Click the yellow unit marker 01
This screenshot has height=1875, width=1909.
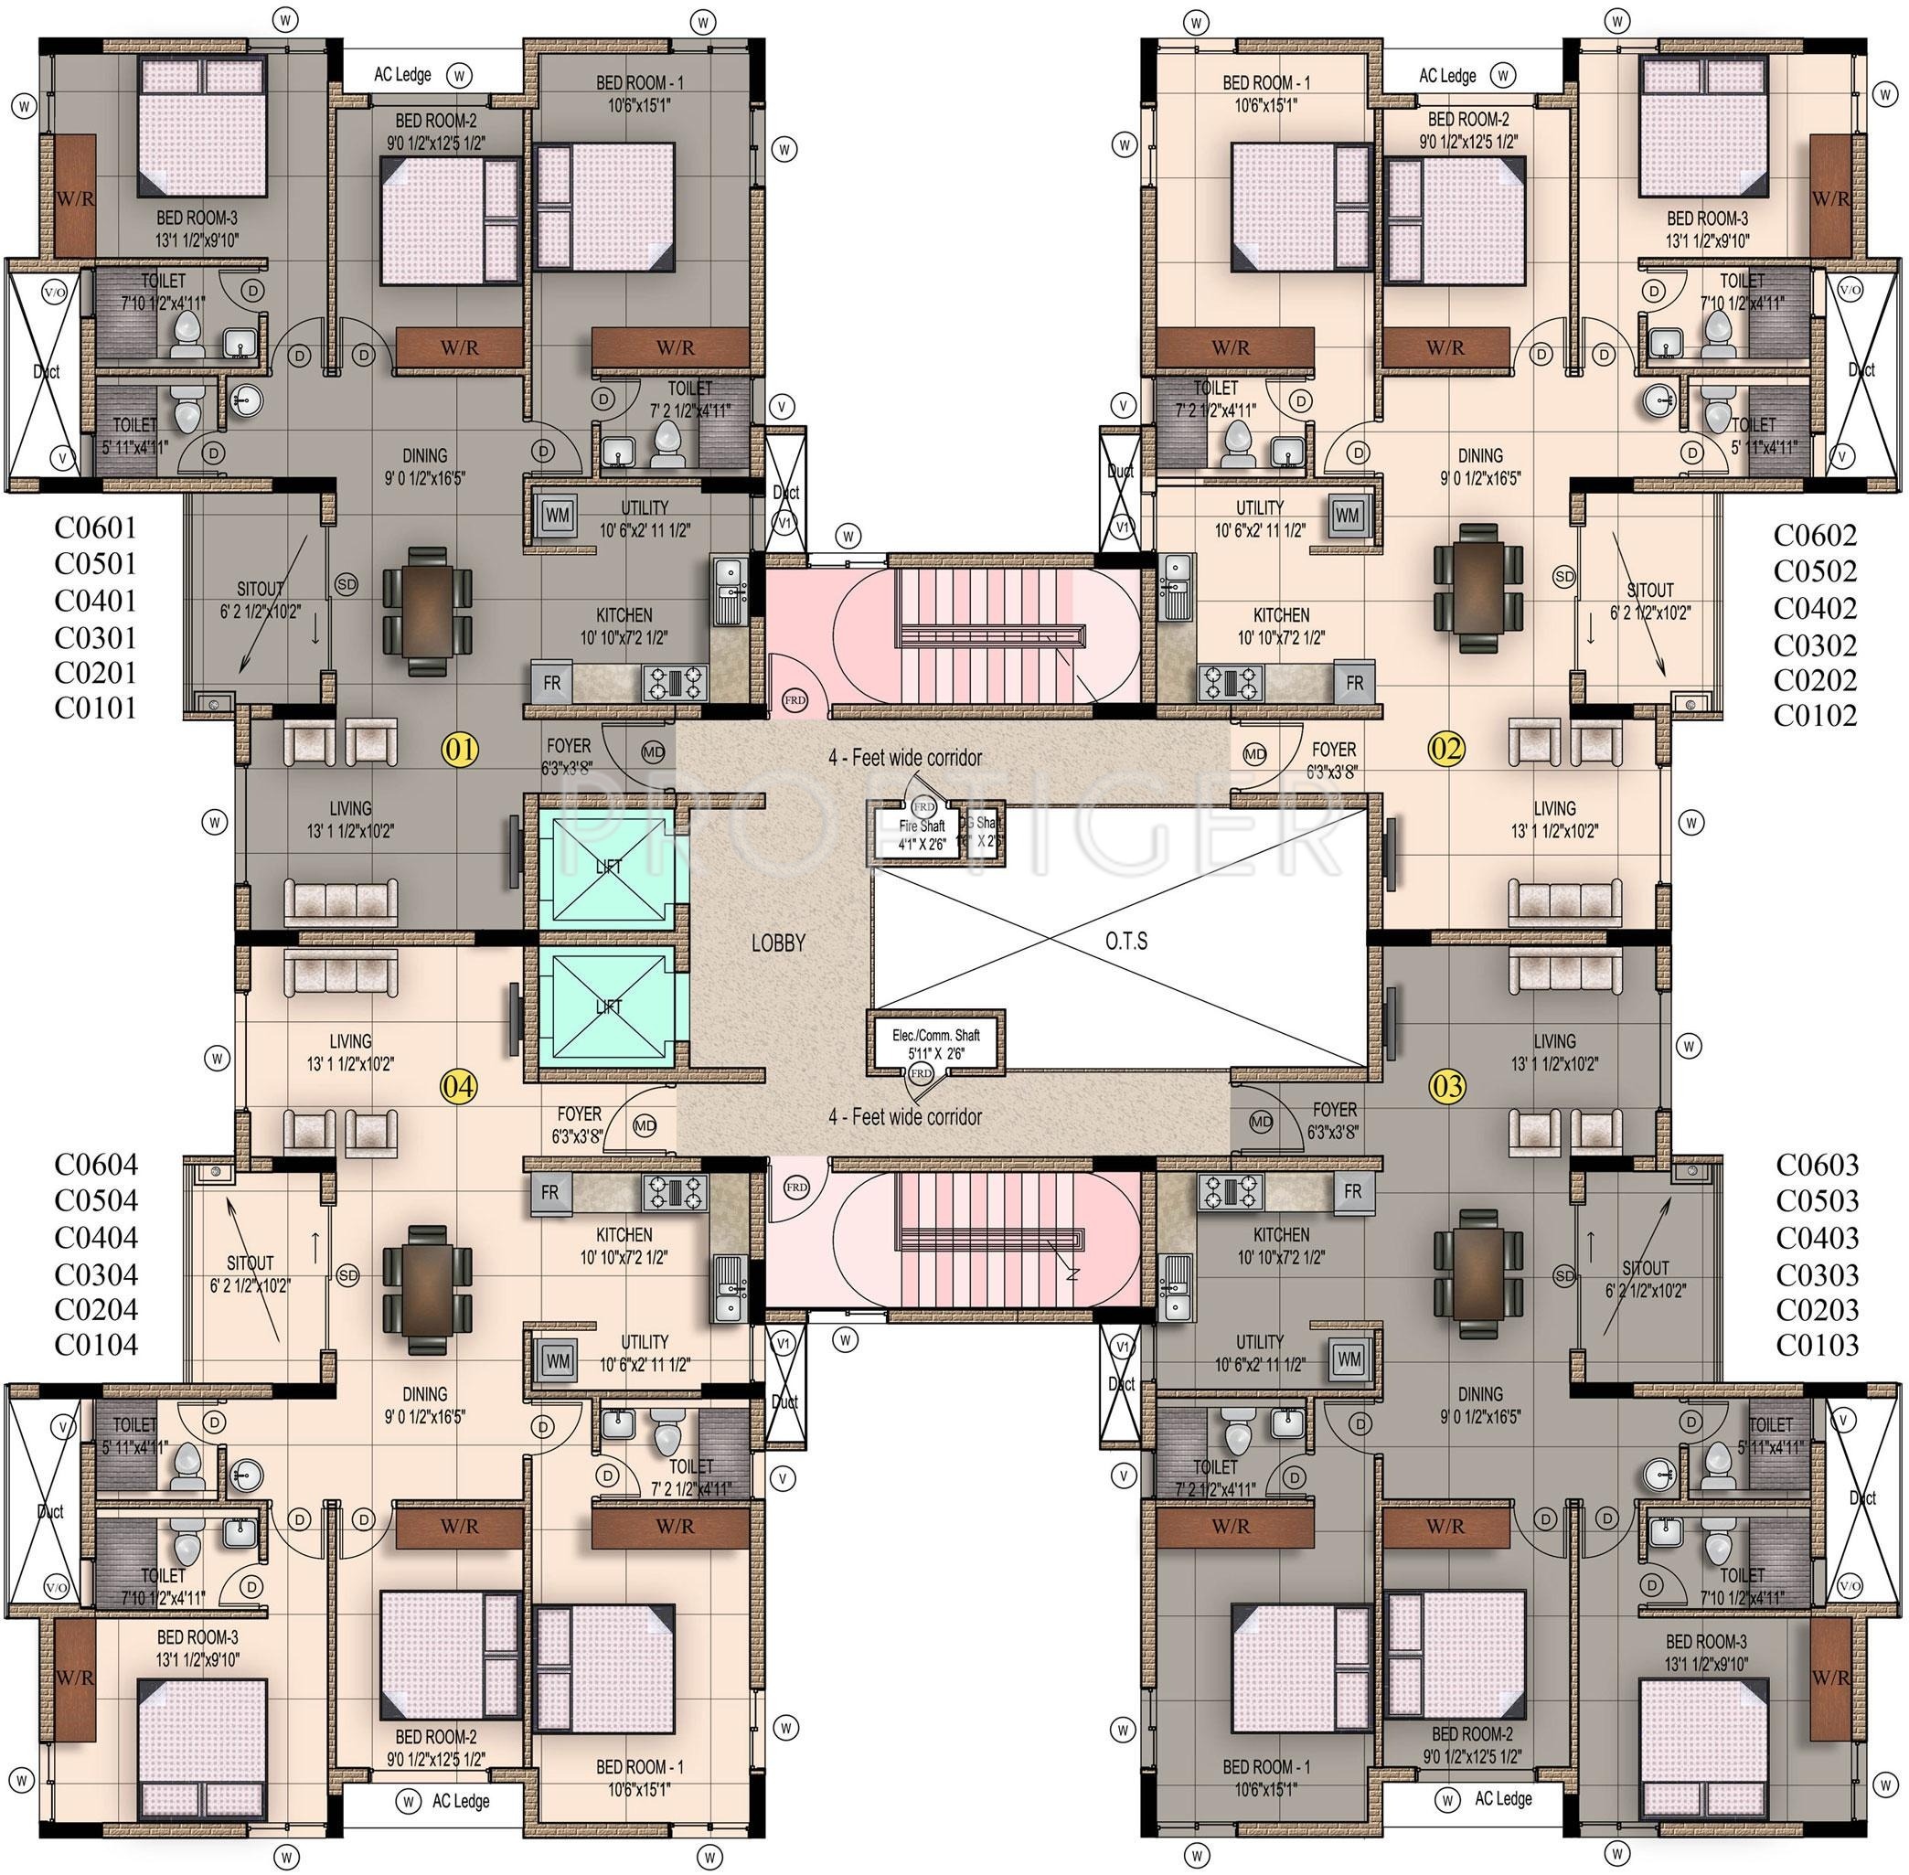click(460, 751)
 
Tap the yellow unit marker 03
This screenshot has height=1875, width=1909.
click(1447, 1086)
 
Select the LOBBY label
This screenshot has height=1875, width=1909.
click(778, 943)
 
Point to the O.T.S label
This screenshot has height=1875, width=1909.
click(1125, 942)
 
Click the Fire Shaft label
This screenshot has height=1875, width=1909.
click(921, 834)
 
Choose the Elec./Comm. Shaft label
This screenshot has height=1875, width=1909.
click(936, 1044)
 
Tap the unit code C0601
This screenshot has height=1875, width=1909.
click(96, 528)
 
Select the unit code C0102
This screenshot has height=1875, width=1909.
click(1815, 716)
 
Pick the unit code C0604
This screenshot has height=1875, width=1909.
click(96, 1165)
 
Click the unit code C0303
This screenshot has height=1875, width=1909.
click(1817, 1275)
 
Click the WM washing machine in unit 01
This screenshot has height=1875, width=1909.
click(558, 514)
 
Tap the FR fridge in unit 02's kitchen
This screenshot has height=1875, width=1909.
click(1354, 683)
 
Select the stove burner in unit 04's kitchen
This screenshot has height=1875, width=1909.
click(675, 1191)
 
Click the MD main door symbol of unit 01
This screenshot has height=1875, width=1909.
click(652, 752)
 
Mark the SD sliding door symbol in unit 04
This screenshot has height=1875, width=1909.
click(347, 1275)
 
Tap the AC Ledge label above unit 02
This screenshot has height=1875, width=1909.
click(1447, 76)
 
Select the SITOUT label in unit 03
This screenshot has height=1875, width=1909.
click(1645, 1268)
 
